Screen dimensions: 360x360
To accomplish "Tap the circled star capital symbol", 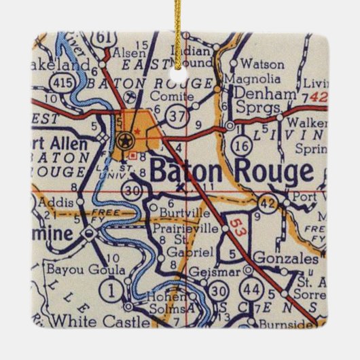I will click(x=124, y=141).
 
